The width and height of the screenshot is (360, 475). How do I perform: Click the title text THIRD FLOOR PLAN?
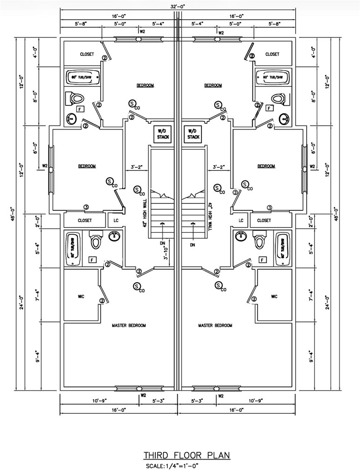pyautogui.click(x=187, y=455)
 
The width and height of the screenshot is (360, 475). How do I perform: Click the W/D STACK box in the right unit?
pyautogui.click(x=193, y=134)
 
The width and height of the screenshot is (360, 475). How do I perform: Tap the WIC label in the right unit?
pyautogui.click(x=274, y=297)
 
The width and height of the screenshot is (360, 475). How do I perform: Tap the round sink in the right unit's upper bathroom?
pyautogui.click(x=284, y=119)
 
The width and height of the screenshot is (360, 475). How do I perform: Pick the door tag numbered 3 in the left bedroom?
pyautogui.click(x=86, y=207)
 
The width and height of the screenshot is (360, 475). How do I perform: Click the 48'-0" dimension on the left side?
pyautogui.click(x=14, y=215)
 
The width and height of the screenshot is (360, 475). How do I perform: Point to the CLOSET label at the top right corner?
pyautogui.click(x=272, y=54)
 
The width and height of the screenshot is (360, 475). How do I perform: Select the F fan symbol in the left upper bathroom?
pyautogui.click(x=80, y=109)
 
